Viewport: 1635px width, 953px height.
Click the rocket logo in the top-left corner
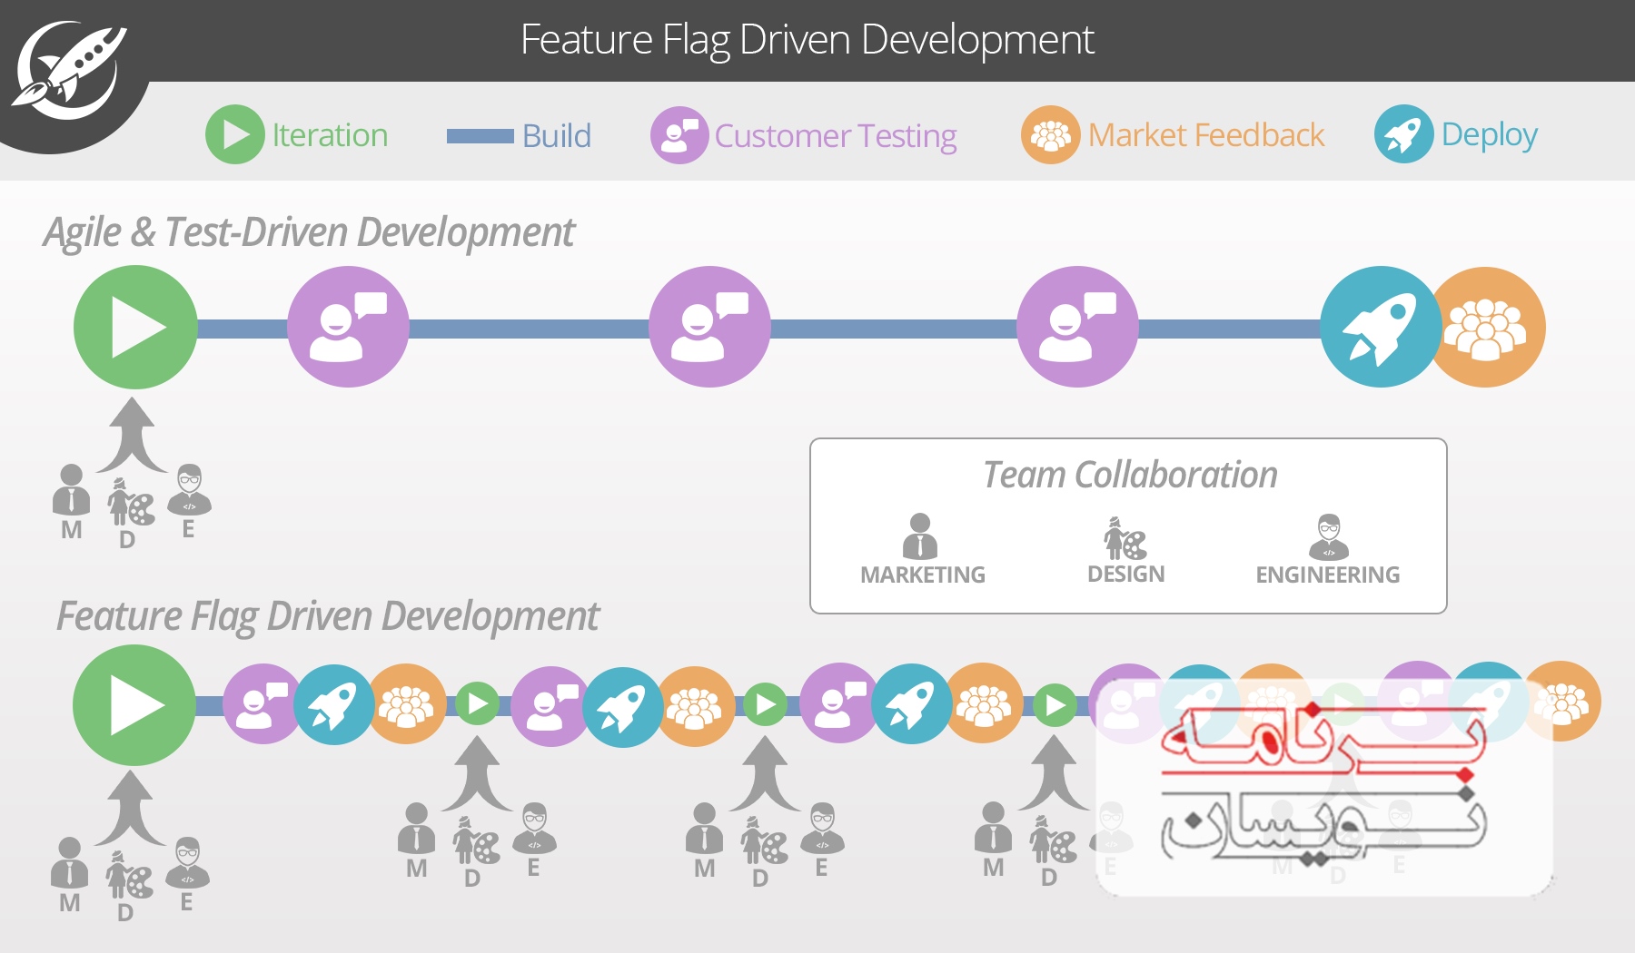68,71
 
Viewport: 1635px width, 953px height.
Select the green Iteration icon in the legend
234,134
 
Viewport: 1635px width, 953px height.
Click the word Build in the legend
556,136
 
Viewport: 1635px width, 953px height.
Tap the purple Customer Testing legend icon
679,135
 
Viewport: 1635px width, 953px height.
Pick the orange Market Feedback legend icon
1050,135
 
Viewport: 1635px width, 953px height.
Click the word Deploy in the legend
1489,134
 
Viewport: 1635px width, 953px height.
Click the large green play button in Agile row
135,327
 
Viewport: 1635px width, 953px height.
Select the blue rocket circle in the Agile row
1380,327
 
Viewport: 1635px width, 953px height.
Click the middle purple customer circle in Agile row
709,327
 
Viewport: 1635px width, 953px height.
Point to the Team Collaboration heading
1129,475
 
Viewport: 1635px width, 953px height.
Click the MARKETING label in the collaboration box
922,575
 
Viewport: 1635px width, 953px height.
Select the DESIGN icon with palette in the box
1125,539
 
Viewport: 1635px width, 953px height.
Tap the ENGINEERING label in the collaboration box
1327,575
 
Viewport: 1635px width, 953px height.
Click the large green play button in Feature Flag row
134,705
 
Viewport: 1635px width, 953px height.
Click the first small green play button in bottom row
477,703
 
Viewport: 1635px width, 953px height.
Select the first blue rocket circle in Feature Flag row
333,705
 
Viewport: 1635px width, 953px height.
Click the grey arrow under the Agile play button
133,436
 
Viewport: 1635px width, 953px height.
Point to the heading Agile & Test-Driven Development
309,232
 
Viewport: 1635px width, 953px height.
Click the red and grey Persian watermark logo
1323,785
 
